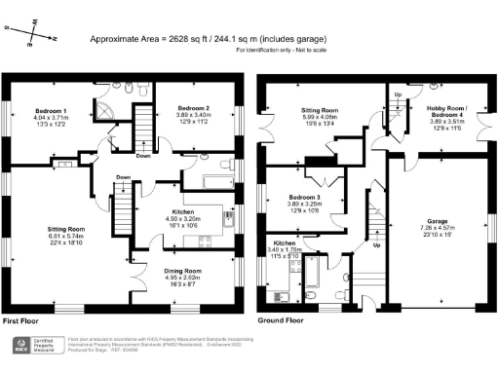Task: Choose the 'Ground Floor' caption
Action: [x=281, y=319]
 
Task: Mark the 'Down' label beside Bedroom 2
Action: [x=142, y=154]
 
